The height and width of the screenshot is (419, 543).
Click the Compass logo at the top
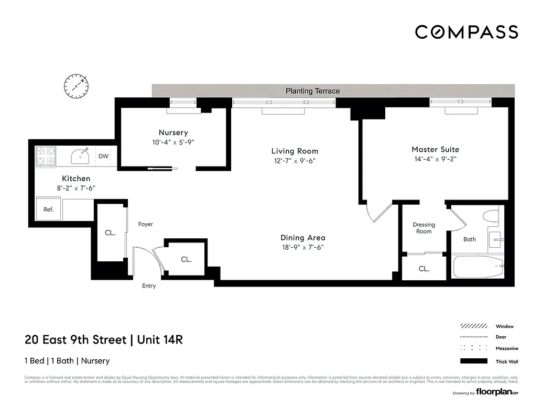coord(466,32)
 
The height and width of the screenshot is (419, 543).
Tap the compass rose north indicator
coord(77,85)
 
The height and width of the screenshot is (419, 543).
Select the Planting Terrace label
coord(312,91)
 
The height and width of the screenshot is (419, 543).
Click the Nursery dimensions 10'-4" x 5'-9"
coord(173,142)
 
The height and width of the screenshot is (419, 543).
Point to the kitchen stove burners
coord(45,156)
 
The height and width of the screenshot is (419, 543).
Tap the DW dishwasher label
coord(103,156)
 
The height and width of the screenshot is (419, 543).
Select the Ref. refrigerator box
coord(48,209)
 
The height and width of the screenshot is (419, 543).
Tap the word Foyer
coord(145,224)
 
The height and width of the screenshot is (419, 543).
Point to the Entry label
coord(149,286)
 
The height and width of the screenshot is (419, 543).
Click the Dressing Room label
coord(423,228)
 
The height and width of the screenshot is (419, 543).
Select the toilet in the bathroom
coord(491,216)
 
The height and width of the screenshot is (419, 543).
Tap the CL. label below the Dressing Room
coord(423,269)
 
